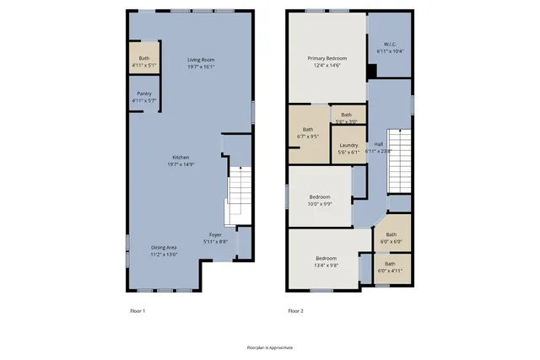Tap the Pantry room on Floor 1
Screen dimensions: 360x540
144,96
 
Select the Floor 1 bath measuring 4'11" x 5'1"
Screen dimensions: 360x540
144,61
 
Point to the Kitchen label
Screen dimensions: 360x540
181,160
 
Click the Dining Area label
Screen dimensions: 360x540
165,250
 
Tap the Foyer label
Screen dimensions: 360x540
216,239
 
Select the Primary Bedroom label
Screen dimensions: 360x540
327,62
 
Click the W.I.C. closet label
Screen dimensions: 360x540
390,47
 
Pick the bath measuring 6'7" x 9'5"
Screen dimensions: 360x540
308,132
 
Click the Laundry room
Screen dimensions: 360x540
348,148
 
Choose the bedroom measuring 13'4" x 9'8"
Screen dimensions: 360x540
327,261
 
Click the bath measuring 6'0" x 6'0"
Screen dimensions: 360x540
391,238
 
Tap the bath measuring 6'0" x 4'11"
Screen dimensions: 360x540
390,267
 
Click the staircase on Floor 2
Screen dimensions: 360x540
398,161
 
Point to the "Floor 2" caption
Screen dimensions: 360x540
295,311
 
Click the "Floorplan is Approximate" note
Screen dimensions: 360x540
270,347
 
